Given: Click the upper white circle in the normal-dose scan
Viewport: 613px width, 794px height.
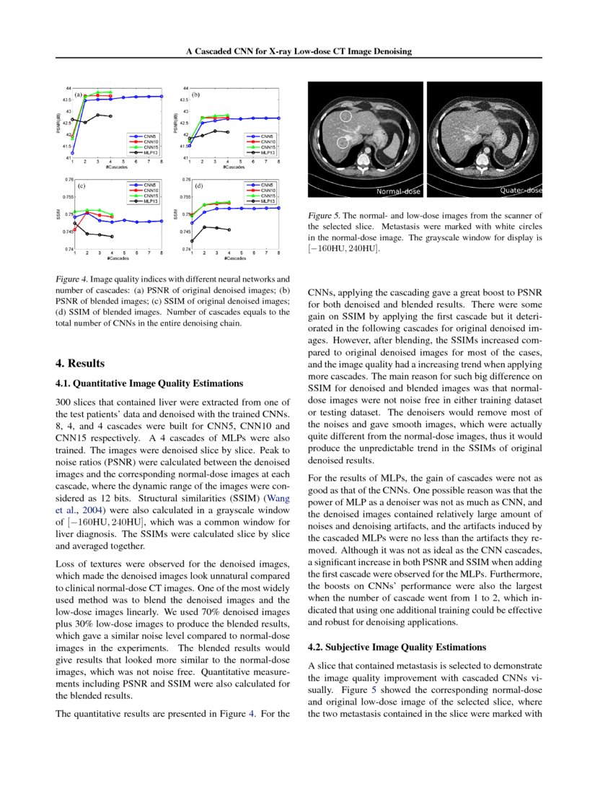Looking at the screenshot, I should pos(345,115).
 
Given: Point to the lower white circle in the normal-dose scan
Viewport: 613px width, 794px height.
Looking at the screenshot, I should pos(343,142).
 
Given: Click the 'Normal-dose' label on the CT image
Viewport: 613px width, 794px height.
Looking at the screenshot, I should pos(398,191).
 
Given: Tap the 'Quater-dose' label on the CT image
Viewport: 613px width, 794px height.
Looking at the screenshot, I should pos(521,191).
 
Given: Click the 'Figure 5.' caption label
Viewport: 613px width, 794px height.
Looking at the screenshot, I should pos(324,215).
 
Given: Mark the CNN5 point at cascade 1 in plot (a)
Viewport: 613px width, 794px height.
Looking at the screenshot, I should pos(73,152).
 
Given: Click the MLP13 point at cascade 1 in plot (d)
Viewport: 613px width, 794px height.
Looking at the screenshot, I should pos(192,240).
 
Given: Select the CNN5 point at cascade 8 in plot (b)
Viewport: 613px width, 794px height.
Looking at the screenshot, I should pos(279,118).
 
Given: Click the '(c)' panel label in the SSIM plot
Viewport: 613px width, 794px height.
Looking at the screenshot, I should pos(81,186).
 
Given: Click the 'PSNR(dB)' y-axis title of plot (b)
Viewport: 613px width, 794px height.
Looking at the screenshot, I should pos(175,123).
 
